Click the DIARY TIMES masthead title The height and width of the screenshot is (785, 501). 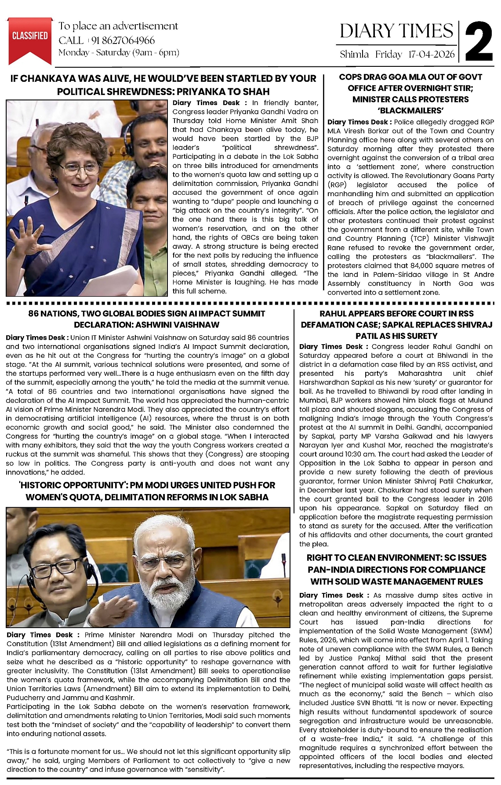(x=396, y=31)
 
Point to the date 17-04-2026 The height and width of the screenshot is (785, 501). (x=431, y=55)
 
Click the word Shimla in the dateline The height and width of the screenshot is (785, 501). (x=354, y=55)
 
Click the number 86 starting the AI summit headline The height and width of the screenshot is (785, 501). (x=33, y=313)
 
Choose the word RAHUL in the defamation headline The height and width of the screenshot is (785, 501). (x=334, y=313)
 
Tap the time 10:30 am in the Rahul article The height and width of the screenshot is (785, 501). (x=349, y=454)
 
